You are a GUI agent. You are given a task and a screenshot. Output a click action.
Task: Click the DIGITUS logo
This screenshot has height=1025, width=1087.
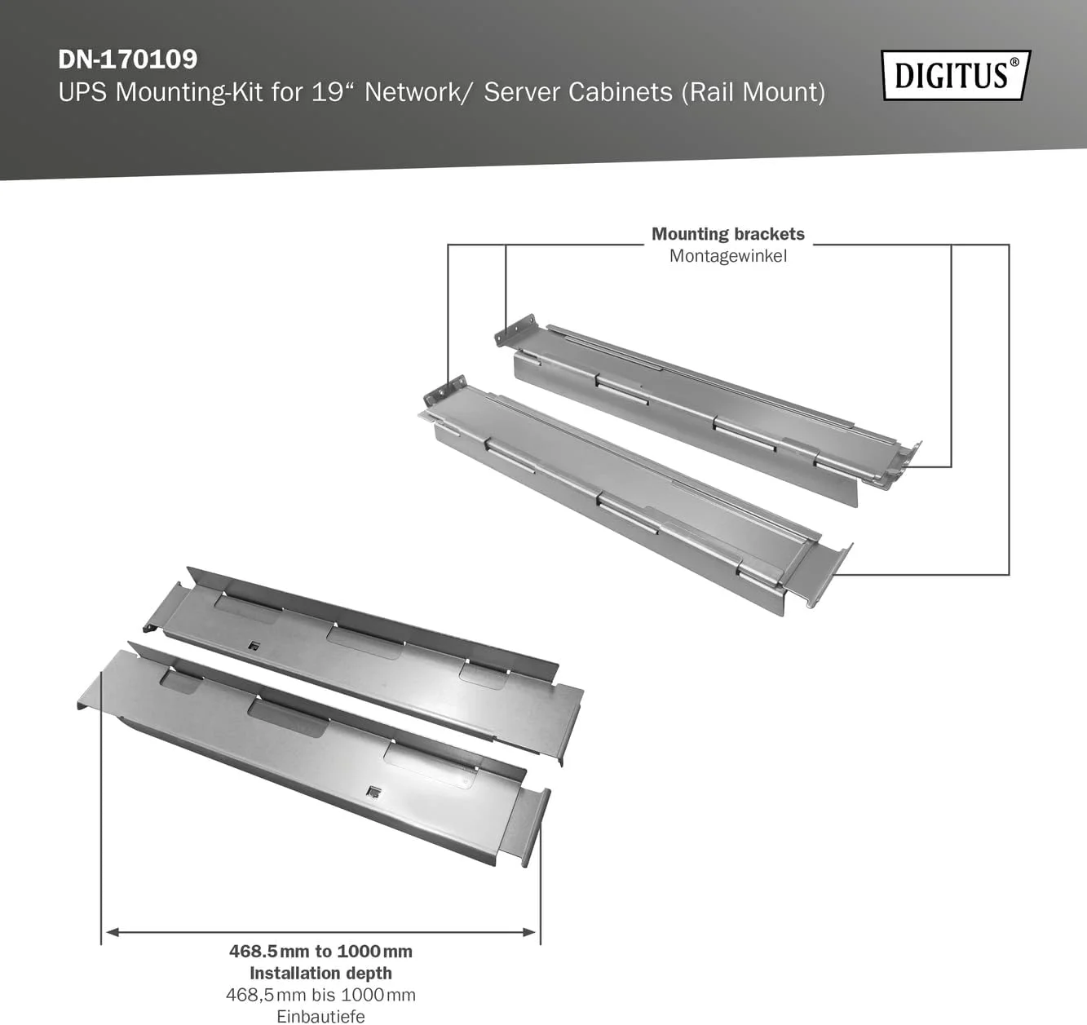pos(957,75)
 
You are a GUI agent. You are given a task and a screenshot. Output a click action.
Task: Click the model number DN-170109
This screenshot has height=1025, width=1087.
pos(127,60)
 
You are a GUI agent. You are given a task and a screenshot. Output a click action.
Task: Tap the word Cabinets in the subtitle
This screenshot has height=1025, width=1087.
pos(620,91)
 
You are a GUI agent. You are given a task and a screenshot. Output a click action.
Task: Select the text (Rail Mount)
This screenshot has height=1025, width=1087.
pos(753,92)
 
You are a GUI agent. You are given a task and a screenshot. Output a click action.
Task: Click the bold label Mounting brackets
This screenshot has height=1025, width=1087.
pos(728,234)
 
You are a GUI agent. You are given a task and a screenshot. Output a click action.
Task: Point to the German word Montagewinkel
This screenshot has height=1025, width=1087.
pos(728,256)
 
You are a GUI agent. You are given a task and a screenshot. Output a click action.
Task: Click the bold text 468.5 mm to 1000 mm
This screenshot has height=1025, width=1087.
pos(320,951)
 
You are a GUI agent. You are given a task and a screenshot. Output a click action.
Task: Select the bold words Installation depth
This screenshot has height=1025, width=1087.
pos(320,973)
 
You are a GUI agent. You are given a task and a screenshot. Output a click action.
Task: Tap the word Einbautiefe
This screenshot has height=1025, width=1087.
pos(320,1017)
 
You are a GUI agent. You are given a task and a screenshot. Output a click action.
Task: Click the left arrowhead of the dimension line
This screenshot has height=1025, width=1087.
pos(111,932)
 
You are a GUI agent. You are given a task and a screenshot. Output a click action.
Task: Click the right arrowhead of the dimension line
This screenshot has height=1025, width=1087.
pos(530,932)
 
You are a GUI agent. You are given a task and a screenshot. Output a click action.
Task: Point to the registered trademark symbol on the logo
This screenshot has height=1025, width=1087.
pos(1014,63)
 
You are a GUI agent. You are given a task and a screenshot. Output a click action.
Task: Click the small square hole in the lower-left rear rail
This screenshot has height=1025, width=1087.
pos(252,645)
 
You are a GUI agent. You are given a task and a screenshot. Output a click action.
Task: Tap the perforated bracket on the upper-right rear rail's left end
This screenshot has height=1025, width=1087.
pos(514,329)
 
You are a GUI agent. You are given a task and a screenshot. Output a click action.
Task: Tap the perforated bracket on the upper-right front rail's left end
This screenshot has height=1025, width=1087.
pos(445,391)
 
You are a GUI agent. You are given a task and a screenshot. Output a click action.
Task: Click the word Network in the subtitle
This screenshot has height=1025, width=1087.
pos(413,91)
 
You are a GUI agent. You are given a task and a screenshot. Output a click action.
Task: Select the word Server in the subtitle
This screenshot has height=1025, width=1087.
pos(522,91)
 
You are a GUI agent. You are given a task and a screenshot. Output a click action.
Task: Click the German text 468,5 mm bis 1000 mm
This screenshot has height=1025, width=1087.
pos(320,995)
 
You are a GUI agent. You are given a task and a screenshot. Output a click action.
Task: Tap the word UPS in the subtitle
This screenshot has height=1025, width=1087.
pos(83,91)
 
